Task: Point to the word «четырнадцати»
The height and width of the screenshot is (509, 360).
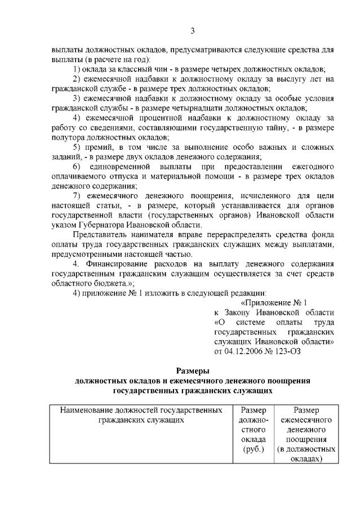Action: (220, 108)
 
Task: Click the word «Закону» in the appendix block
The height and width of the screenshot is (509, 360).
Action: (238, 311)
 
